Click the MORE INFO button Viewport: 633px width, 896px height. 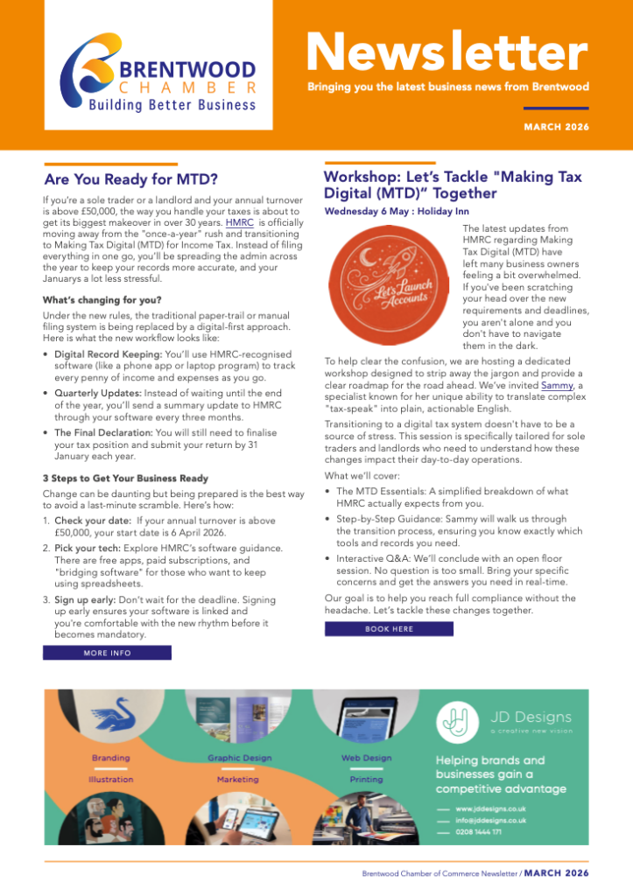pyautogui.click(x=107, y=653)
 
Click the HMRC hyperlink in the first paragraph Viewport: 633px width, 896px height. pyautogui.click(x=239, y=223)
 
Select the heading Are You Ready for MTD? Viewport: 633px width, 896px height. pyautogui.click(x=130, y=180)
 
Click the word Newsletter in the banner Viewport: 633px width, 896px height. pyautogui.click(x=447, y=53)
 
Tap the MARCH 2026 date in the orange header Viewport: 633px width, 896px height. pyautogui.click(x=556, y=127)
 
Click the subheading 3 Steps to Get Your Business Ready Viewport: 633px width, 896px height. pyautogui.click(x=125, y=478)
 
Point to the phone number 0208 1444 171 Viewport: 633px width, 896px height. pyautogui.click(x=479, y=831)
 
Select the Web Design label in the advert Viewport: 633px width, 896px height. pyautogui.click(x=366, y=758)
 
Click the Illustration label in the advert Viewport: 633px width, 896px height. pyautogui.click(x=111, y=779)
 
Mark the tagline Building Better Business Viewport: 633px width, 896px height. pyautogui.click(x=172, y=106)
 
